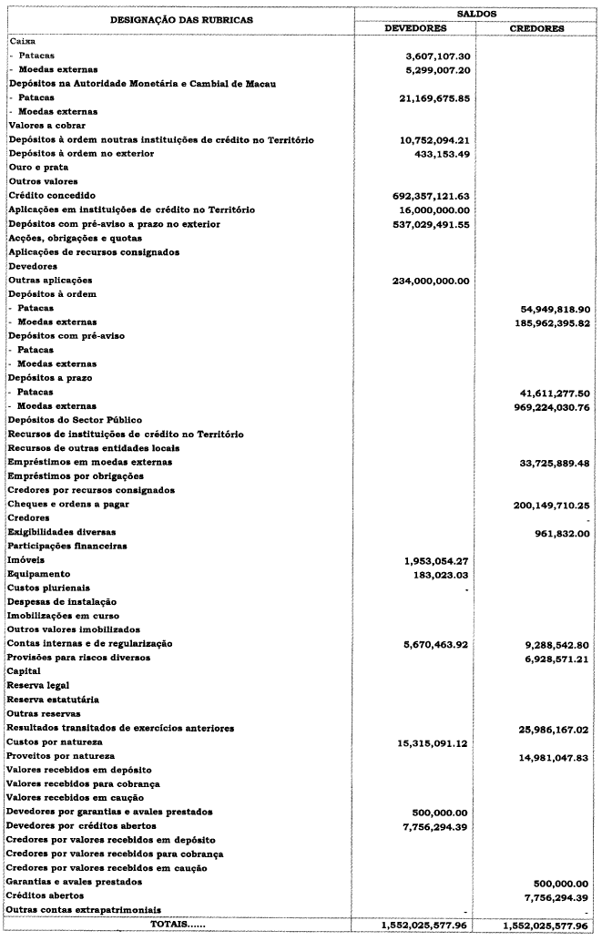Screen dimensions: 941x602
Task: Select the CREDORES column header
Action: click(x=536, y=27)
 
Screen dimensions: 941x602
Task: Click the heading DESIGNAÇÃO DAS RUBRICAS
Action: click(x=176, y=18)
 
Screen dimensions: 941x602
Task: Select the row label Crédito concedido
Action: click(x=46, y=196)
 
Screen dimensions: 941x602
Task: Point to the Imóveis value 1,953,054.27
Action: click(x=441, y=559)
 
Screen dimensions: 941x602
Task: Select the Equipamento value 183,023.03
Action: click(x=444, y=574)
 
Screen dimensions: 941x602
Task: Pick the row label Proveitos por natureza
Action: click(x=61, y=756)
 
